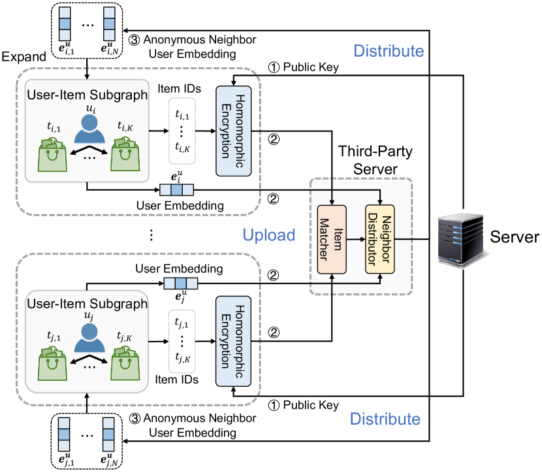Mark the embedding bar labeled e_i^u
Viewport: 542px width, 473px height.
pos(176,190)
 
